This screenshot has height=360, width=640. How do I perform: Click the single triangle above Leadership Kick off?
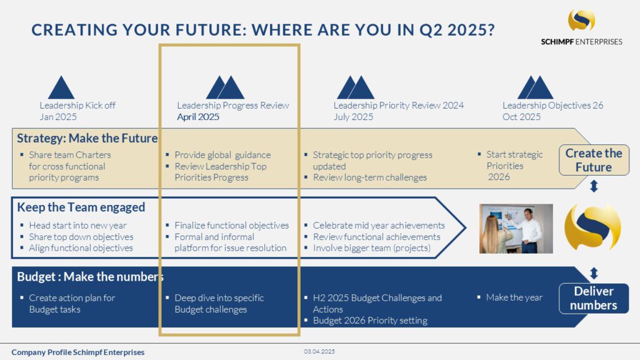61,87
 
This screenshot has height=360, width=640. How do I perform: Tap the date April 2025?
198,117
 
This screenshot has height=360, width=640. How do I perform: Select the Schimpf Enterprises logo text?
581,42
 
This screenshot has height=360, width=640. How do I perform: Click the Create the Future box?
594,160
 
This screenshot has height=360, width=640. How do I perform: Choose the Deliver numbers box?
594,298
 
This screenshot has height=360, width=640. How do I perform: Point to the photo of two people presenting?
516,229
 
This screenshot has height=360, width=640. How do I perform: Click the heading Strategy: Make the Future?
87,138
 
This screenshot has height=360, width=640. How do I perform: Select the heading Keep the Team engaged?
81,207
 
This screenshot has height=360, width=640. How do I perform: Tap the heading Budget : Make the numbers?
90,277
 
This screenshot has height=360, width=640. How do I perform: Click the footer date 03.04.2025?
319,351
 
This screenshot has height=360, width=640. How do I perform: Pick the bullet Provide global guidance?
222,155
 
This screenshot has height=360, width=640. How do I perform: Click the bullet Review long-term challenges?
370,177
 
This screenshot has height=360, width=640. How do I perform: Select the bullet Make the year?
514,297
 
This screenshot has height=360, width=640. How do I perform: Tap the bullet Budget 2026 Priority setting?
370,321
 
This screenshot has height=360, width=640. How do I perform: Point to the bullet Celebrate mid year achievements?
379,225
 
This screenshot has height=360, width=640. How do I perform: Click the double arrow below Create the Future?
594,186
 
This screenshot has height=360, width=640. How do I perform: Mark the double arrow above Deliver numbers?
594,273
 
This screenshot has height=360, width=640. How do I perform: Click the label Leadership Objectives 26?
552,105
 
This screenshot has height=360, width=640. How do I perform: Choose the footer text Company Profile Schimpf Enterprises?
78,352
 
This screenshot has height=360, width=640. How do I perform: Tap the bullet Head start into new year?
77,225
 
